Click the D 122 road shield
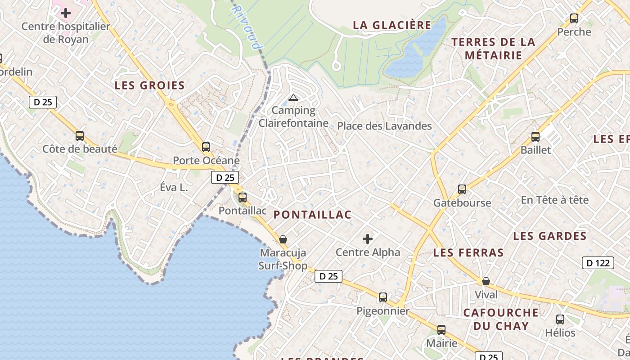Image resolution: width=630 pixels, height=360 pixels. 598,263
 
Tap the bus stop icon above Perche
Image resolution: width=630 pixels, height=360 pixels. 574,18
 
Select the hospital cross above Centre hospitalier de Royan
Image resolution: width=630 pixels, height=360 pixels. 66,13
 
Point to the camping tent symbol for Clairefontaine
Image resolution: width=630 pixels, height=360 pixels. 293,97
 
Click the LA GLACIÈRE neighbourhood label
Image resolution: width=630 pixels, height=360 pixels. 392,25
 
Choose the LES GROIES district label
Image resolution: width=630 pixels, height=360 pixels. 150,85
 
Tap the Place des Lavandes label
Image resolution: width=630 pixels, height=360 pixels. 384,126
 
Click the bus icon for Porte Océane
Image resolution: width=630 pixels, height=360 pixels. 206,147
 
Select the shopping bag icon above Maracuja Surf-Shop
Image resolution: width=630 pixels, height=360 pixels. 283,239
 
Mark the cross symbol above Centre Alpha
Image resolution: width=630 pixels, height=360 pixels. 368,238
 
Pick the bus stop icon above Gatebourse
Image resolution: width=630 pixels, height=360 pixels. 462,189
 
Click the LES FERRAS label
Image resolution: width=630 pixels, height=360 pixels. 468,252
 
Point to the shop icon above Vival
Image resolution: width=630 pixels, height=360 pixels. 486,281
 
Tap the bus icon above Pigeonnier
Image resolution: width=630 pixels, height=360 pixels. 383,297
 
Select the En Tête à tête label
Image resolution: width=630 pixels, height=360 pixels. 554,200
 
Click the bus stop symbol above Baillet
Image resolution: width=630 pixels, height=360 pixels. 535,136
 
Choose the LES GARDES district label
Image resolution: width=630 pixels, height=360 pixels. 550,236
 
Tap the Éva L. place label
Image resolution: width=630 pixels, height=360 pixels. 174,188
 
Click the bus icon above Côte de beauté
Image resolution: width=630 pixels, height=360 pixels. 80,135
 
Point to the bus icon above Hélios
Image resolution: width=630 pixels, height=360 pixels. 560,319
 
